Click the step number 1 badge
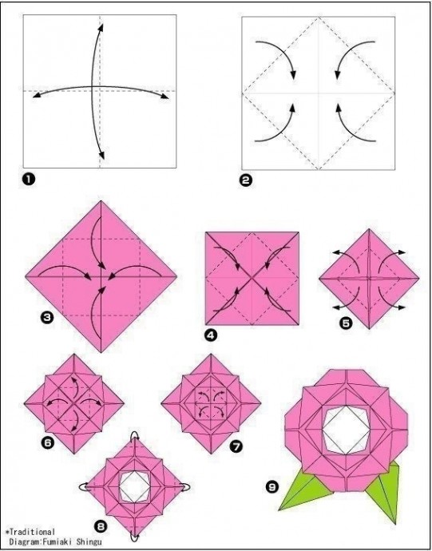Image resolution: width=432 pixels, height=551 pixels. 29,179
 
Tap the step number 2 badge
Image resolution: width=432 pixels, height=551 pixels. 247,180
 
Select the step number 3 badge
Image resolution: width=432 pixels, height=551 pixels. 47,318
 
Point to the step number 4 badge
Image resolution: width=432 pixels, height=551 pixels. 211,335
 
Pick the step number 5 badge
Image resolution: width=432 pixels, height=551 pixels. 346,323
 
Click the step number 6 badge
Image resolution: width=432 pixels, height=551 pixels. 48,443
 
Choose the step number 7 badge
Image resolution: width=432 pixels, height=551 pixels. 236,446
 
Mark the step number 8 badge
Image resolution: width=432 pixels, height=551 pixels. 101,526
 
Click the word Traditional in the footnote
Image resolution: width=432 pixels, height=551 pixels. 32,532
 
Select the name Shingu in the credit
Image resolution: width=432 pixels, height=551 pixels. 92,542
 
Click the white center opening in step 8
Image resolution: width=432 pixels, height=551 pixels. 134,487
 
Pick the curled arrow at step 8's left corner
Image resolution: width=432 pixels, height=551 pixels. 84,487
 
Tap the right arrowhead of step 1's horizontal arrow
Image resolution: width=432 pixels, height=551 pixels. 164,97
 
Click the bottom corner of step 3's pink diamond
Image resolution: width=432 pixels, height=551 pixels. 101,352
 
